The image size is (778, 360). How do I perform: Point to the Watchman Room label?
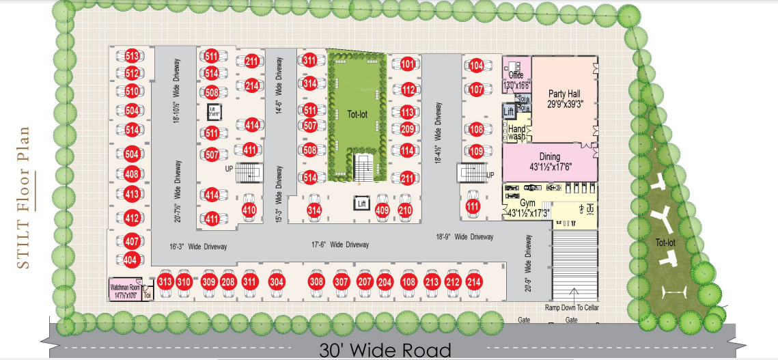click(x=125, y=289)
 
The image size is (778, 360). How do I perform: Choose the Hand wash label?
click(x=517, y=131)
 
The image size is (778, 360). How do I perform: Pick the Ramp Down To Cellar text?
click(x=572, y=307)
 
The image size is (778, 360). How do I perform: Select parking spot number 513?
click(x=132, y=56)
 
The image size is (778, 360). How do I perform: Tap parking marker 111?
click(x=472, y=206)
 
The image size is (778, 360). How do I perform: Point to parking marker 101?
click(x=408, y=65)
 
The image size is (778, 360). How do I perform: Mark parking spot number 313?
click(x=165, y=281)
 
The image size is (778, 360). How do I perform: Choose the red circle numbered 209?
click(x=408, y=130)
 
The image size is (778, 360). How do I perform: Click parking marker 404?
click(x=131, y=260)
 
